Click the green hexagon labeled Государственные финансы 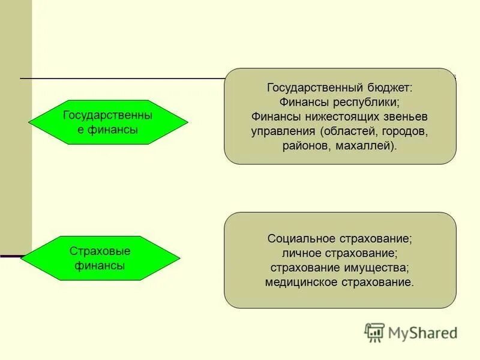108,122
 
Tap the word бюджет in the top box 386,88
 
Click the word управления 283,131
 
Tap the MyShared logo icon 374,332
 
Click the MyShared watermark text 422,332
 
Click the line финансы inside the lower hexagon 100,265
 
